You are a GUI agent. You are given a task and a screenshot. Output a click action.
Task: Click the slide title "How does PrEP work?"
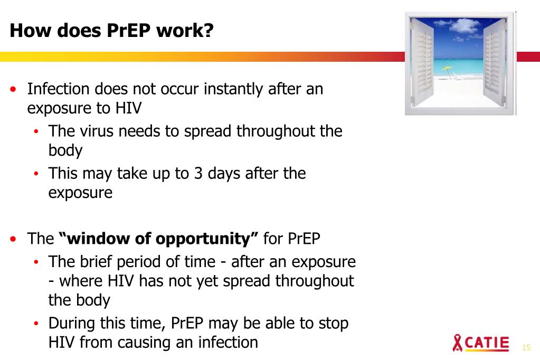112,31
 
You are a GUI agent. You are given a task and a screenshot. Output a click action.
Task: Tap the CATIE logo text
487,343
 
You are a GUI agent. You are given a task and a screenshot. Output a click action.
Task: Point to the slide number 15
525,347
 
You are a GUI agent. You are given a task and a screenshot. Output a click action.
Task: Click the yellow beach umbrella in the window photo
448,69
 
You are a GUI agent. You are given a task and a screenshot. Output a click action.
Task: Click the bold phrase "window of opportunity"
159,239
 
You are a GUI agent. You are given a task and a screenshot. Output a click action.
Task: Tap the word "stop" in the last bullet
331,323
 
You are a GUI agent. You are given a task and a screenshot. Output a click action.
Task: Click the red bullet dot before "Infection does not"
14,89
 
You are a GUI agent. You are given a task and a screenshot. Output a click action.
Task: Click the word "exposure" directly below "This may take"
80,193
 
